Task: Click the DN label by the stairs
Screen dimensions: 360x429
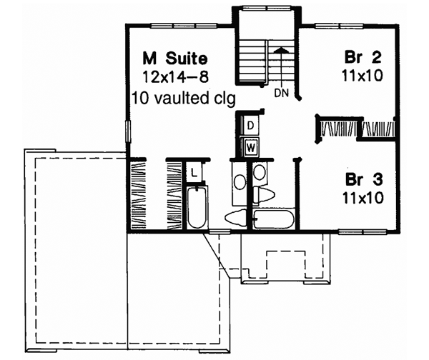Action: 281,93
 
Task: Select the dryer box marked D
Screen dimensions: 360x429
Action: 251,126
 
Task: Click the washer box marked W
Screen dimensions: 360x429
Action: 251,147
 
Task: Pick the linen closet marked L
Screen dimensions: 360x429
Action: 194,171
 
